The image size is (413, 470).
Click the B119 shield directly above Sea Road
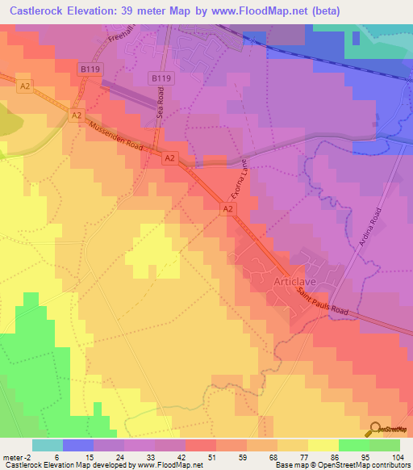point(161,78)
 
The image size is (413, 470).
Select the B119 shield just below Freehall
point(90,70)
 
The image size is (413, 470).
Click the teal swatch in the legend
point(47,445)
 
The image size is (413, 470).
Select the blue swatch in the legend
point(77,445)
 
